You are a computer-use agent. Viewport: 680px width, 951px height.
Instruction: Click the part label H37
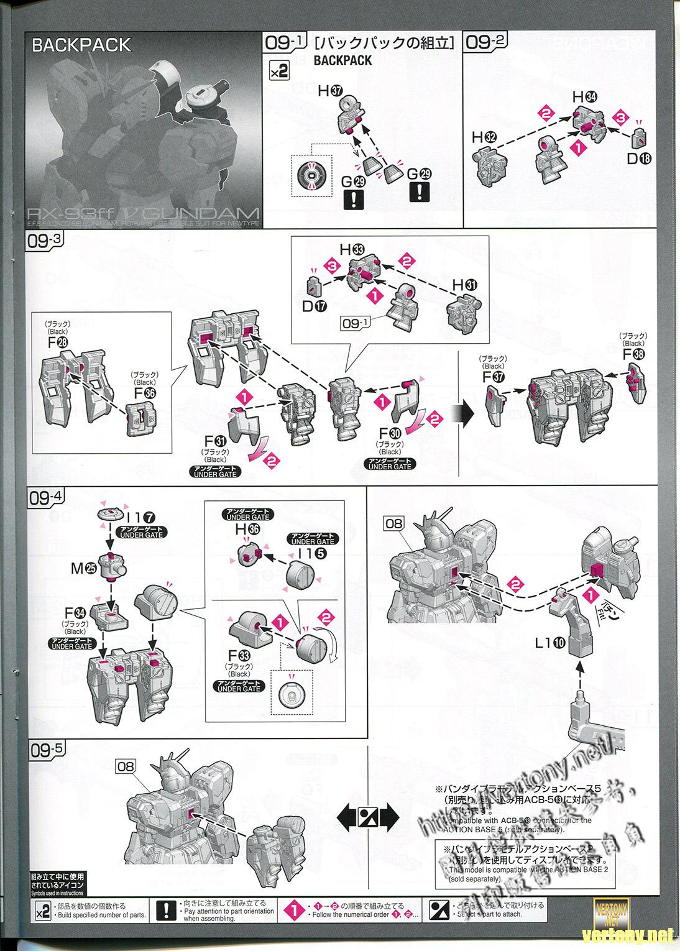tap(330, 90)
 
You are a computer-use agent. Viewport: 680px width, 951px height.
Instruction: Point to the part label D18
tap(638, 158)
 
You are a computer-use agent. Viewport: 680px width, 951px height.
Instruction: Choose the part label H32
tap(485, 137)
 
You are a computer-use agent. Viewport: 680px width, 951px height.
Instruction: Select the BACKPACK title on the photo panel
tap(81, 45)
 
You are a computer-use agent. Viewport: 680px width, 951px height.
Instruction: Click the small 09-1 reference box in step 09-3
tap(355, 323)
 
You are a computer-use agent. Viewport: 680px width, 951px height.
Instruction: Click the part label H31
tap(466, 284)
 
